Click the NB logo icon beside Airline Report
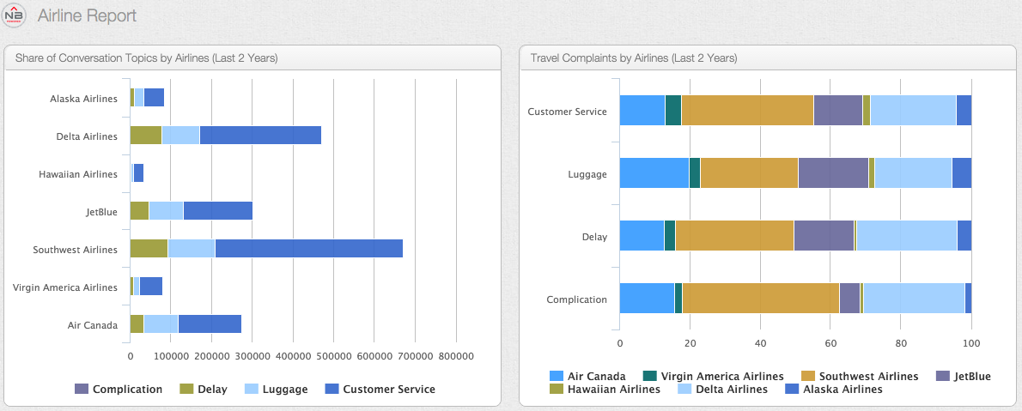tap(15, 15)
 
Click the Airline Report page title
tap(87, 15)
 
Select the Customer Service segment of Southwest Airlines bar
tap(308, 249)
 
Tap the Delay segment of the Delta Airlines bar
tap(145, 136)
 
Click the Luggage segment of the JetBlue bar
tap(166, 211)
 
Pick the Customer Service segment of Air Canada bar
tap(210, 324)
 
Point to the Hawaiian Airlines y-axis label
tap(78, 174)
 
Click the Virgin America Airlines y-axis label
tap(65, 287)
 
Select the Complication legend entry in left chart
tap(119, 390)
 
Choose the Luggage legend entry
tap(277, 390)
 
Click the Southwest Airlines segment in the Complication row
tap(760, 299)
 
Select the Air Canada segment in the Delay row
tap(642, 235)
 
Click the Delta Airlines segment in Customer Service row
tap(913, 110)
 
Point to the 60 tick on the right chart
tap(830, 343)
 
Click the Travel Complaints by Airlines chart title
tap(634, 58)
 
